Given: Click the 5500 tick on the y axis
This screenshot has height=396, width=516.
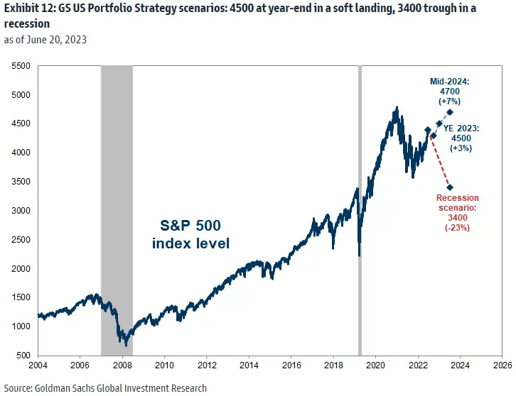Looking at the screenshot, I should tap(20, 65).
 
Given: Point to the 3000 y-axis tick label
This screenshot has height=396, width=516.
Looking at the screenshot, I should tap(20, 210).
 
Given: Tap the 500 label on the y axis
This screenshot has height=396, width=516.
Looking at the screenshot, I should tap(22, 355).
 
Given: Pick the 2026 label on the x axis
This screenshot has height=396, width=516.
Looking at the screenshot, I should tap(502, 367).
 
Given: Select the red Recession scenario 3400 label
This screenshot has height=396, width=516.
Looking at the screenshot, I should tap(457, 213).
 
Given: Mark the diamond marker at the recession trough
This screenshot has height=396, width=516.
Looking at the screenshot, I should tap(450, 187).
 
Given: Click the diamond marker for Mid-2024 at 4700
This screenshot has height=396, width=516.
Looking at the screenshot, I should tap(450, 112).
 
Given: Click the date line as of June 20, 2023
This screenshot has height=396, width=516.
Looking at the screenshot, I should tap(46, 40).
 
